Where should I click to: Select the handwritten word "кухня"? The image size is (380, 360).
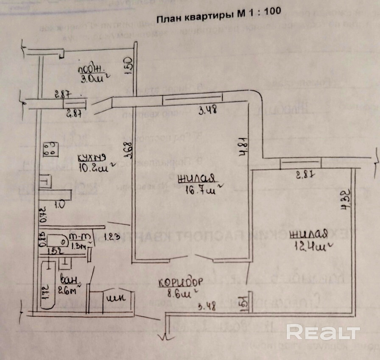pyautogui.click(x=91, y=158)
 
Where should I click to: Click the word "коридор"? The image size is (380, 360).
pyautogui.click(x=180, y=282)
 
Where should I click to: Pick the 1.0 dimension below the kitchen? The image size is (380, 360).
pyautogui.click(x=60, y=204)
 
